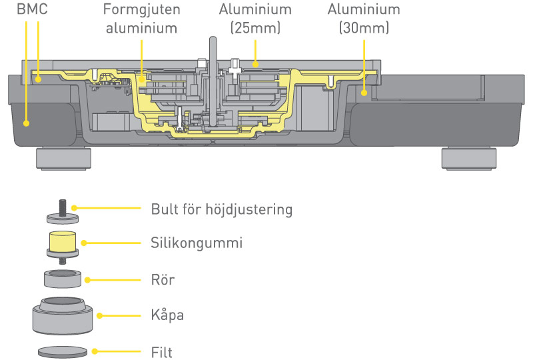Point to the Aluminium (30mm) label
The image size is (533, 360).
pyautogui.click(x=364, y=20)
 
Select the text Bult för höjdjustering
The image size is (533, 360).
pyautogui.click(x=221, y=210)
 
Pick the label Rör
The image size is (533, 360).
pyautogui.click(x=163, y=280)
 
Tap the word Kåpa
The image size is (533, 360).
pyautogui.click(x=168, y=315)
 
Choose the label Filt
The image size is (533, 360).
pyautogui.click(x=162, y=351)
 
